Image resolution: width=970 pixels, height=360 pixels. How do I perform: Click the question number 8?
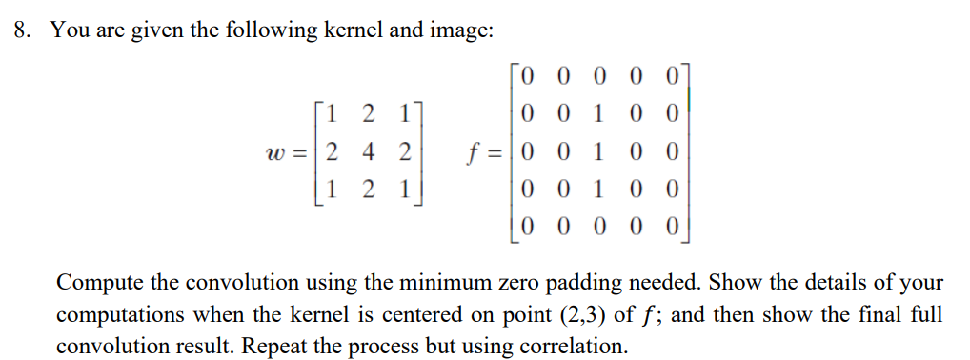click(21, 30)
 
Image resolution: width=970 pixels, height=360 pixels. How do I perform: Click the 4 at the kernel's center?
click(367, 152)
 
